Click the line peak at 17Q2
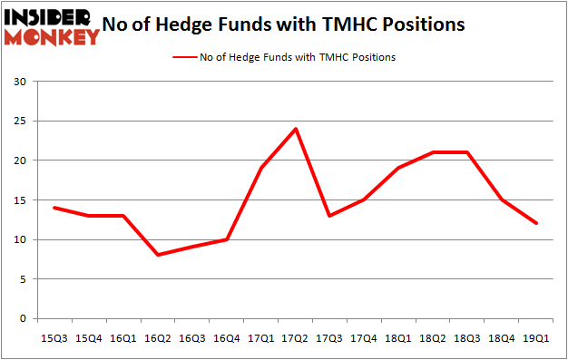295,129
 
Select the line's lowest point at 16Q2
159,255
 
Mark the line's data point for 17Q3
329,216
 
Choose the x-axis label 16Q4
227,338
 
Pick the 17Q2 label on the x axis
295,338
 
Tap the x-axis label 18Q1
397,338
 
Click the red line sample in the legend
185,57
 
